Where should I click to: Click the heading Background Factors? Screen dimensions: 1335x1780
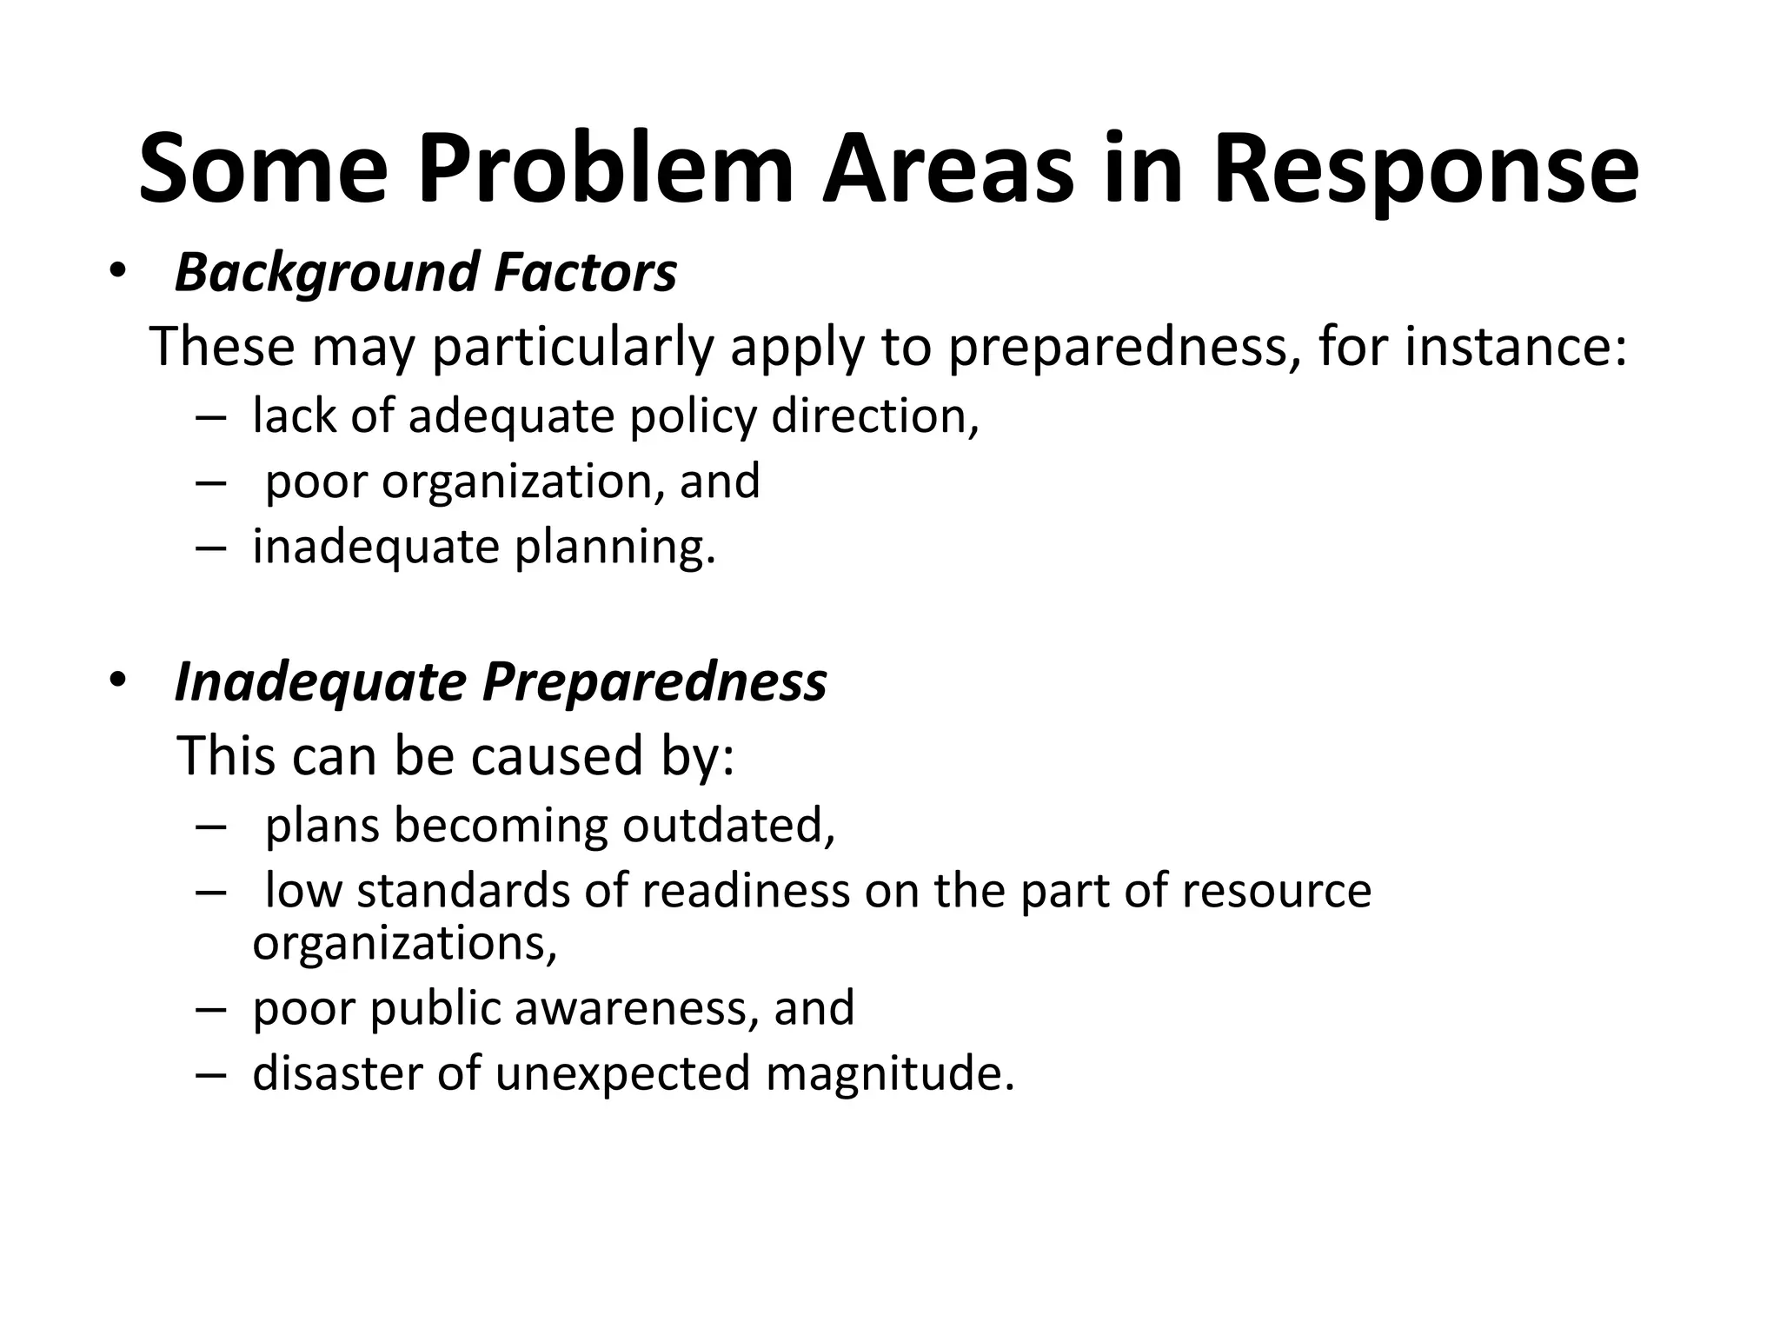425,272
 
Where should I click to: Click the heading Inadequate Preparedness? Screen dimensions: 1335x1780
501,681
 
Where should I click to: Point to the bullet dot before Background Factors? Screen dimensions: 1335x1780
117,271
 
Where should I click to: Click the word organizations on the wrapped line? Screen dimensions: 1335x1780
404,943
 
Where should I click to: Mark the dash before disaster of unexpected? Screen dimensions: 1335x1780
210,1074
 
